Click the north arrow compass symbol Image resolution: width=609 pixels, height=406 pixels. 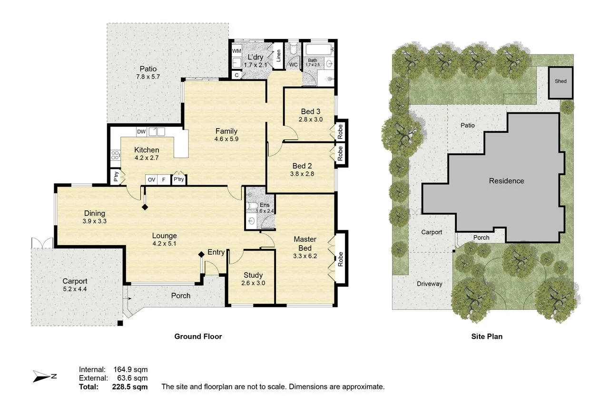45,376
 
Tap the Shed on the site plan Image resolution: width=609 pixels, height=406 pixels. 560,83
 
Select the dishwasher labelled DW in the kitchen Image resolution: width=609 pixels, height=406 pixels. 141,132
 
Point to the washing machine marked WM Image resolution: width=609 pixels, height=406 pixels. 236,51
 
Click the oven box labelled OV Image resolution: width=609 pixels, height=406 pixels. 151,179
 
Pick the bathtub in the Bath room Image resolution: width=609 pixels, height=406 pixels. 319,50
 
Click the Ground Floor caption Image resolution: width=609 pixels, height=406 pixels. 198,337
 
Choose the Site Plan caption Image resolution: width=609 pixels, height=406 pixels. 487,337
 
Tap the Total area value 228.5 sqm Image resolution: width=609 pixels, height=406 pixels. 130,386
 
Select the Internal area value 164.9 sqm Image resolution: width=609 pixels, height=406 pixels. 130,369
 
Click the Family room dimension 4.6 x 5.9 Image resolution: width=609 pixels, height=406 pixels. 226,139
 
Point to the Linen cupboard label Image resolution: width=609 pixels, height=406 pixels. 278,56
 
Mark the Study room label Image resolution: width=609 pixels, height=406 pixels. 253,275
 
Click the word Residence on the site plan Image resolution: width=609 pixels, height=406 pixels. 506,181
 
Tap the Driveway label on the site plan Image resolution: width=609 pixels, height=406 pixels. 429,284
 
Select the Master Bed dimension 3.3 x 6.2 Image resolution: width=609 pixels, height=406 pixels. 305,256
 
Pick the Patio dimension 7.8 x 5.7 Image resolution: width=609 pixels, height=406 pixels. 148,77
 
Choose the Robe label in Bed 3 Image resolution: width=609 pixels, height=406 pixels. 340,132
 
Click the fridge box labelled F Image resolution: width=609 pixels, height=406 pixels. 164,179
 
